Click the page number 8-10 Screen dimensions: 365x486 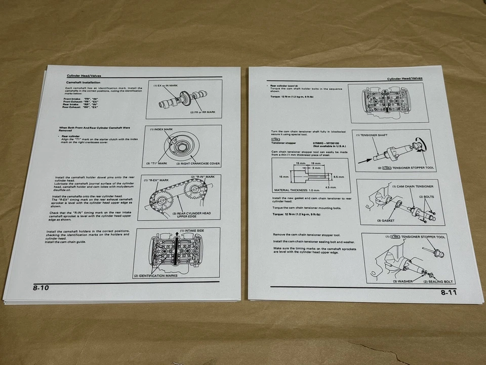point(42,288)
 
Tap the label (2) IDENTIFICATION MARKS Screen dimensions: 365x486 point(156,276)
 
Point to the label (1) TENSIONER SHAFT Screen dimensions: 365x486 point(373,135)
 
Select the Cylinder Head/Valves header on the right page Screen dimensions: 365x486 point(405,79)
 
